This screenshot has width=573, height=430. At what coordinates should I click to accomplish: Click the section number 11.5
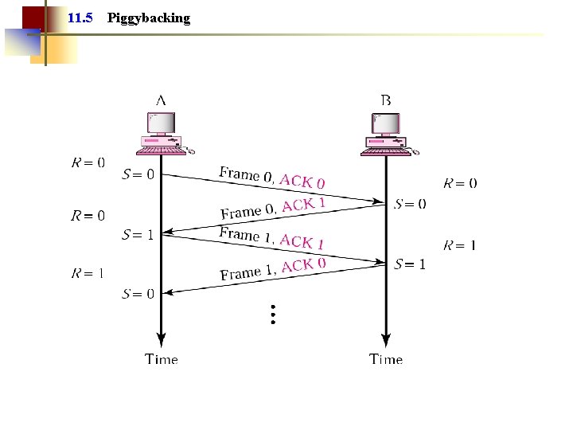tap(81, 18)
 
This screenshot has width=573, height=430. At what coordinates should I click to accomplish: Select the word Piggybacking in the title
tap(148, 18)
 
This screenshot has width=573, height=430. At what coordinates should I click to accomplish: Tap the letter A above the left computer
tap(161, 100)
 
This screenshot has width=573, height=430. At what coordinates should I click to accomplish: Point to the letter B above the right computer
tap(386, 100)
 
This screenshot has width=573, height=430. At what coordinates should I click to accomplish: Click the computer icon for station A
tap(162, 133)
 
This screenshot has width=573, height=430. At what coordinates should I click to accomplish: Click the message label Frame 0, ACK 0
tap(271, 177)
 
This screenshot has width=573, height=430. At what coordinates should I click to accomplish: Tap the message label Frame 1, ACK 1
tap(271, 237)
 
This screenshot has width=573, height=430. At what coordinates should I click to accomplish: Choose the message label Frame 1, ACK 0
tap(272, 268)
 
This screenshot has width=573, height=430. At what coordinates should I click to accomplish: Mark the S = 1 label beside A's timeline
tap(138, 234)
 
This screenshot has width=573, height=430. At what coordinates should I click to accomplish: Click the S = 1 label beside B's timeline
tap(410, 264)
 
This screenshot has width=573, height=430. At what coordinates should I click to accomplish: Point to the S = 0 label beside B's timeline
tap(410, 204)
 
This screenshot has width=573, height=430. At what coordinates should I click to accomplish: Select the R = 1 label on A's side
tap(88, 273)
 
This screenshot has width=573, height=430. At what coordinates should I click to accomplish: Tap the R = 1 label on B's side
tap(459, 244)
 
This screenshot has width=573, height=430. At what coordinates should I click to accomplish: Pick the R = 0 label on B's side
tap(459, 183)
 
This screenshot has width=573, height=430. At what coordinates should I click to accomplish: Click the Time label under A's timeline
tap(162, 359)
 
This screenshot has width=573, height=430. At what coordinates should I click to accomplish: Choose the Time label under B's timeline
tap(386, 359)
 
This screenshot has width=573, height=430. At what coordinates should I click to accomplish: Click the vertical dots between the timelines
tap(272, 314)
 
